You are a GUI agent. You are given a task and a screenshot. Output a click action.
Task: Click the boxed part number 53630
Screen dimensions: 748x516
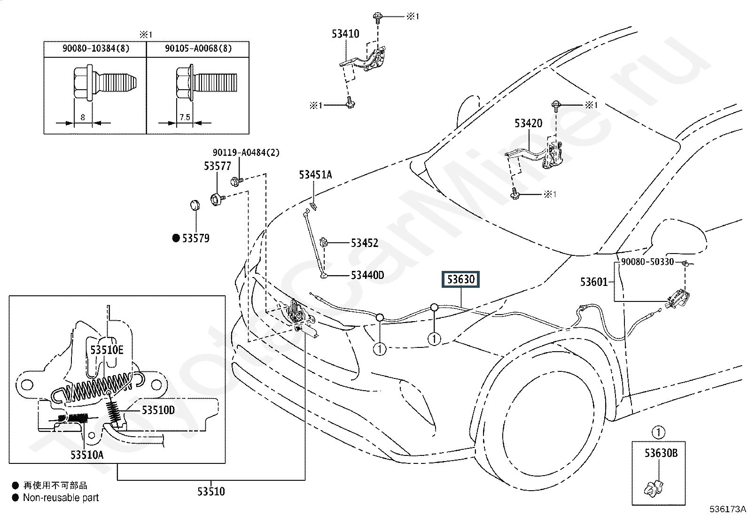click(460, 279)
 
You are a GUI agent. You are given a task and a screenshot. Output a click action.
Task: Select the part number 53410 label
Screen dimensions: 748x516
click(345, 34)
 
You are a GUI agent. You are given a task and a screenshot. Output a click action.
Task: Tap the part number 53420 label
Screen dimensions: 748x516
click(528, 123)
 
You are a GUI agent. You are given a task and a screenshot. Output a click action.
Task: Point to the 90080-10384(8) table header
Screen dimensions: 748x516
click(96, 48)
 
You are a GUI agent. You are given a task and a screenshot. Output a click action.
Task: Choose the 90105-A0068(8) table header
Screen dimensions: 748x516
click(198, 48)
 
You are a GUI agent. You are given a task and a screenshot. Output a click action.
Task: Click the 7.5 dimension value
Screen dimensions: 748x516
click(185, 117)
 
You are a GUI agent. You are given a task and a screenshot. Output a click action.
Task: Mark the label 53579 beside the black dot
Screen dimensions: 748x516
click(195, 239)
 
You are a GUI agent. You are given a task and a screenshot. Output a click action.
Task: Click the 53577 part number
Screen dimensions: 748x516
click(218, 166)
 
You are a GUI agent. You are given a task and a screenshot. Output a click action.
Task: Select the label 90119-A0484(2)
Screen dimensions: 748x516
click(246, 153)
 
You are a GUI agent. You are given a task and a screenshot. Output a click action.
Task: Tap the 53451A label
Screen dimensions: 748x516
click(315, 175)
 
